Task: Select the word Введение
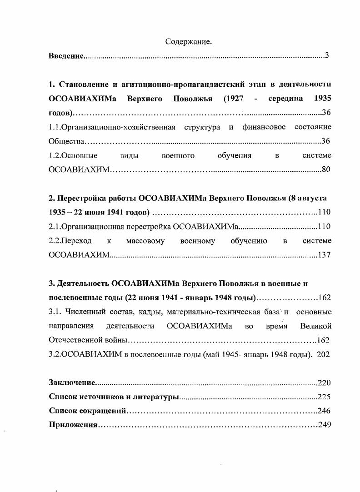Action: (66, 56)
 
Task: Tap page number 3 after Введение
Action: (327, 56)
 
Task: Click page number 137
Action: (324, 255)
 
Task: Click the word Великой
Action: (316, 326)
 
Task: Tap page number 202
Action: (324, 354)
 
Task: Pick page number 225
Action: (324, 397)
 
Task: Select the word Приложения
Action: (73, 425)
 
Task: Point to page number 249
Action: (324, 425)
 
